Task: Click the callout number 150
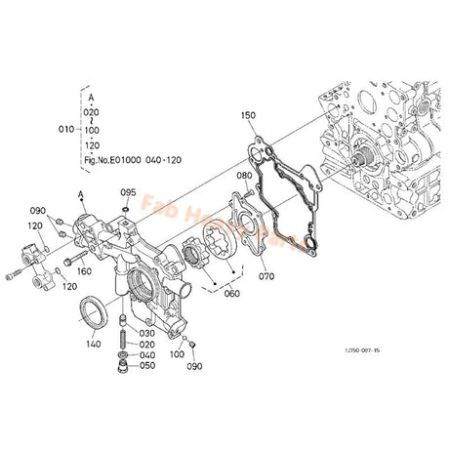pyautogui.click(x=249, y=115)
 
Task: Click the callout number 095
pyautogui.click(x=129, y=193)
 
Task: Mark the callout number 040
pyautogui.click(x=146, y=354)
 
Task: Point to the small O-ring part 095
pyautogui.click(x=129, y=205)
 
